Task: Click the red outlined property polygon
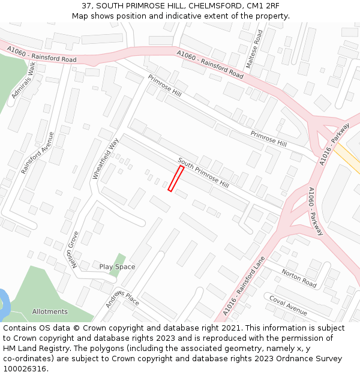176,179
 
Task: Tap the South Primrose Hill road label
203,173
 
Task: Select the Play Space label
117,267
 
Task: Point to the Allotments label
50,311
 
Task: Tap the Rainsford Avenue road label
37,153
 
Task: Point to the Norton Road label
299,278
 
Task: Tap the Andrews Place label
122,298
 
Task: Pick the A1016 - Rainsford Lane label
244,286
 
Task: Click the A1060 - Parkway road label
316,211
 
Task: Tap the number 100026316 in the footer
26,368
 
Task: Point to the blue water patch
3,304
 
